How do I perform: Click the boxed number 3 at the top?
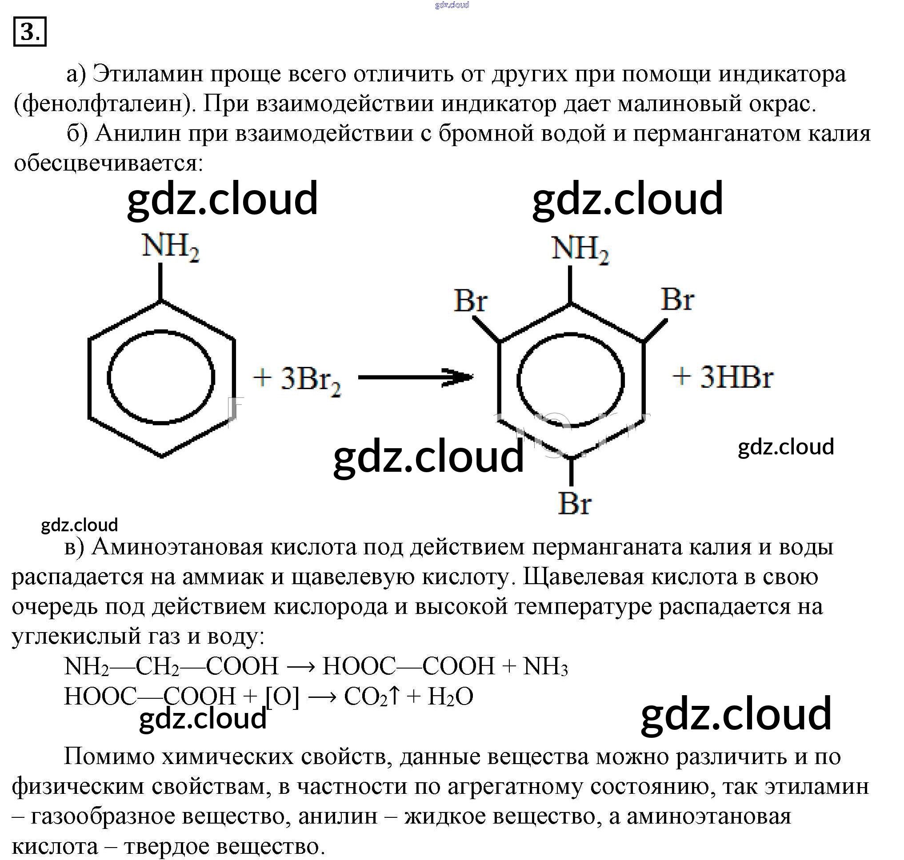click(x=30, y=32)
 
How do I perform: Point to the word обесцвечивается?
click(x=108, y=163)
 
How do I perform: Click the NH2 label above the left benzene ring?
click(x=170, y=247)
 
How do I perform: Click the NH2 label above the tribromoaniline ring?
click(x=580, y=250)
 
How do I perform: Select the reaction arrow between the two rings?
click(x=415, y=377)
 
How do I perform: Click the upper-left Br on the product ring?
click(x=470, y=301)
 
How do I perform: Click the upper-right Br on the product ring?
click(x=677, y=300)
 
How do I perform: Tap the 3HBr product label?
click(x=736, y=378)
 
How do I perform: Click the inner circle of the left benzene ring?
click(x=161, y=377)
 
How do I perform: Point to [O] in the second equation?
click(x=282, y=697)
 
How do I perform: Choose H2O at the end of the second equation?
click(x=450, y=697)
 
